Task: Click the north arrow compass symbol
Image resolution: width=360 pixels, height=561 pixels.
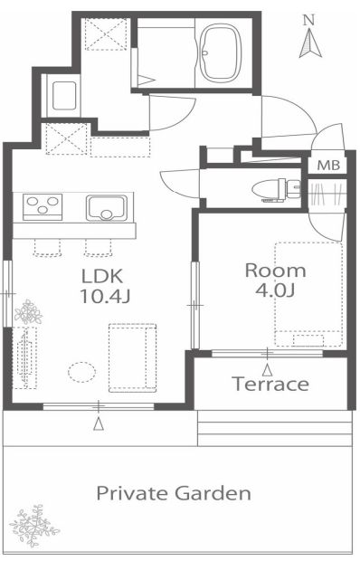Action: click(310, 43)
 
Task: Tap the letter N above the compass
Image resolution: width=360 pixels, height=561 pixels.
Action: click(308, 21)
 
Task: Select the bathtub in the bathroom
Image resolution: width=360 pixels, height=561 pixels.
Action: click(219, 53)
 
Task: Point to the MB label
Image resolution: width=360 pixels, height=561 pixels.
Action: click(328, 166)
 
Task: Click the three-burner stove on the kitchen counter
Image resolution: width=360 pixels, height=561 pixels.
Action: click(43, 206)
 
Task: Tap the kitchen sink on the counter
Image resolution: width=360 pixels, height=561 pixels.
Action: click(107, 207)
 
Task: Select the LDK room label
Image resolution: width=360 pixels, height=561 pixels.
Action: click(102, 276)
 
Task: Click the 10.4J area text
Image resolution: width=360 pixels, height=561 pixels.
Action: click(105, 296)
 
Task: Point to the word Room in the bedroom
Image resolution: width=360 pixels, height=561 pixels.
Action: click(275, 271)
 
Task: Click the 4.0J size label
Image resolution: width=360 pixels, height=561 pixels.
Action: click(275, 290)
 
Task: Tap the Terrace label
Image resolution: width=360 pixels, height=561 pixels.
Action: click(270, 384)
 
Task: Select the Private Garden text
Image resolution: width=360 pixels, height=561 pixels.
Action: click(174, 493)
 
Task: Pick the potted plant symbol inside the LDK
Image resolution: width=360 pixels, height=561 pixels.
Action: click(28, 312)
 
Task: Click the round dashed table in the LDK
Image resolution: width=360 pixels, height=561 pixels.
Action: click(82, 372)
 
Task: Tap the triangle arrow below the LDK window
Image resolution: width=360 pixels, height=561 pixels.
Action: click(99, 424)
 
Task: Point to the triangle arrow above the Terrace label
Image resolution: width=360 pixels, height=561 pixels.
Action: click(267, 370)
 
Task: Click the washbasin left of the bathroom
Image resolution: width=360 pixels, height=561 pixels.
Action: click(64, 96)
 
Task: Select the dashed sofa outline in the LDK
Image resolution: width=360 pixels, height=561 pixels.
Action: click(132, 357)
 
